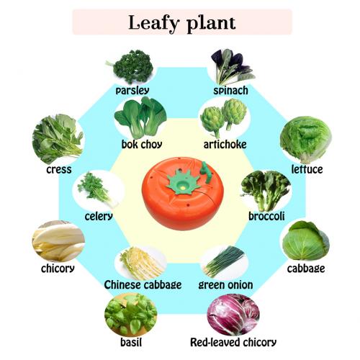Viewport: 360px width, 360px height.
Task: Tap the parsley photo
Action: click(131, 66)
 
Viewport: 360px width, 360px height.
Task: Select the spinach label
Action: click(230, 91)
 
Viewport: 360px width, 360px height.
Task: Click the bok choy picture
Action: click(140, 118)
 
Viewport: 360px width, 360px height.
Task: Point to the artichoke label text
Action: click(225, 145)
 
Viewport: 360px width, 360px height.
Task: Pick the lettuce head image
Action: click(306, 140)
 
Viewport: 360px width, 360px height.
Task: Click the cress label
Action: click(59, 170)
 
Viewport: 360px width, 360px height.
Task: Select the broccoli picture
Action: click(266, 191)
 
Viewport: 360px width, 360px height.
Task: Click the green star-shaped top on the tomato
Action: click(184, 181)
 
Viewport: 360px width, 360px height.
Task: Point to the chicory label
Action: click(58, 269)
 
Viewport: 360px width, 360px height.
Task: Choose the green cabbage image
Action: click(306, 240)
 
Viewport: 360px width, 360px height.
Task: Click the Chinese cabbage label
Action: click(143, 285)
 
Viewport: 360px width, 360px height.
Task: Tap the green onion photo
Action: click(225, 261)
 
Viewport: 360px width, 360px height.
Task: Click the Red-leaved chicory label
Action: click(233, 342)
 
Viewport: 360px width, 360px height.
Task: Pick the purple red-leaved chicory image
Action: click(233, 315)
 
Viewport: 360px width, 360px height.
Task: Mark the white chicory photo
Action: click(58, 240)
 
